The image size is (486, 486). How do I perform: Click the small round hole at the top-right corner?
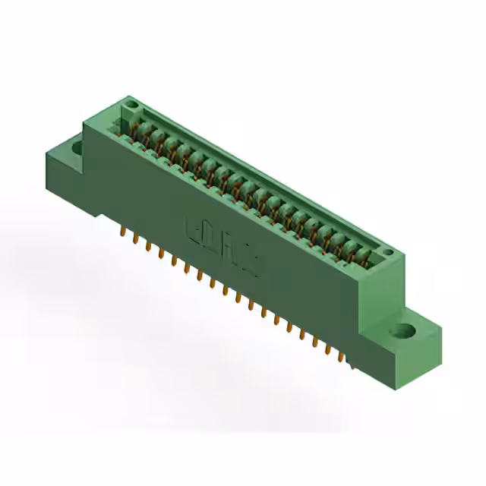pos(387,252)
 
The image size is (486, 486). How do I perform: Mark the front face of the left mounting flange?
pos(67,178)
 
